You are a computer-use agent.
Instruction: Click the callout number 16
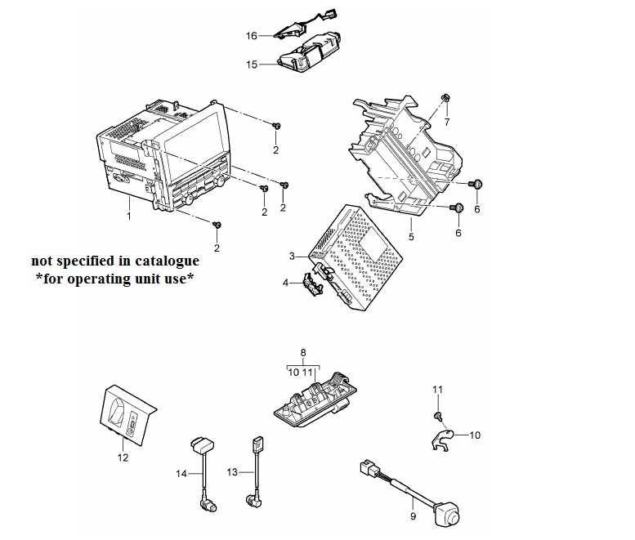[x=251, y=36]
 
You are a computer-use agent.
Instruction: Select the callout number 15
[x=252, y=65]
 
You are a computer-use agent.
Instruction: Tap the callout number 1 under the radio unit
[x=129, y=216]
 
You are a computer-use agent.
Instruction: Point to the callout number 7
[x=447, y=122]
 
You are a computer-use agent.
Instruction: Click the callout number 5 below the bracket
[x=411, y=236]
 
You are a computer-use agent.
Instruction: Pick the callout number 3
[x=293, y=257]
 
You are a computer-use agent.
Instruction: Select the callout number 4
[x=285, y=283]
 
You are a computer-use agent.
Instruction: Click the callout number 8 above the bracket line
[x=303, y=353]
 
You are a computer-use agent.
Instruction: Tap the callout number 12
[x=123, y=457]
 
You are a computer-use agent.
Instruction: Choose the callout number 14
[x=181, y=473]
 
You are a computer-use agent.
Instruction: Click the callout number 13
[x=232, y=472]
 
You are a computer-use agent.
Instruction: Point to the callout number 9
[x=413, y=516]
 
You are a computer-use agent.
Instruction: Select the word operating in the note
[x=100, y=279]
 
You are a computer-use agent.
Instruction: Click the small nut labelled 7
[x=445, y=97]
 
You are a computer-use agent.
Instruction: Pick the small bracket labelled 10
[x=441, y=440]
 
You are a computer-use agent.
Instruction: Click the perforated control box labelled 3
[x=356, y=258]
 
